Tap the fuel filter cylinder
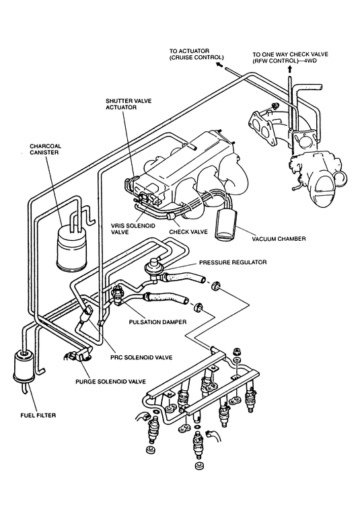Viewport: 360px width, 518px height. pos(23,367)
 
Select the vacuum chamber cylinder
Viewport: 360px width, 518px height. pos(227,224)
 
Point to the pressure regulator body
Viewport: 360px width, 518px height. pos(153,266)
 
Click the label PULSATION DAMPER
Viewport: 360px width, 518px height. pos(157,322)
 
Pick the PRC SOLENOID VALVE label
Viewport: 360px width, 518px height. pos(141,357)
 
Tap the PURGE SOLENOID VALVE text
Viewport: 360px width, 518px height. pos(110,381)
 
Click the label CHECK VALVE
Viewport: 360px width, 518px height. pos(188,232)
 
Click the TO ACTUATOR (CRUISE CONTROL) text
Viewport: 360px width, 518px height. pos(196,54)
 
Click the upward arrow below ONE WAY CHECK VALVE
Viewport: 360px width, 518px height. pos(290,69)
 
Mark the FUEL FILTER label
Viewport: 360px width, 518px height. pos(38,415)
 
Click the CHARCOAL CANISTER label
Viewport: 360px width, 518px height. pos(46,149)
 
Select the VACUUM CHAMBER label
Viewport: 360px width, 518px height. pos(279,239)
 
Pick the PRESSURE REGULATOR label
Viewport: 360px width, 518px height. pos(233,262)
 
